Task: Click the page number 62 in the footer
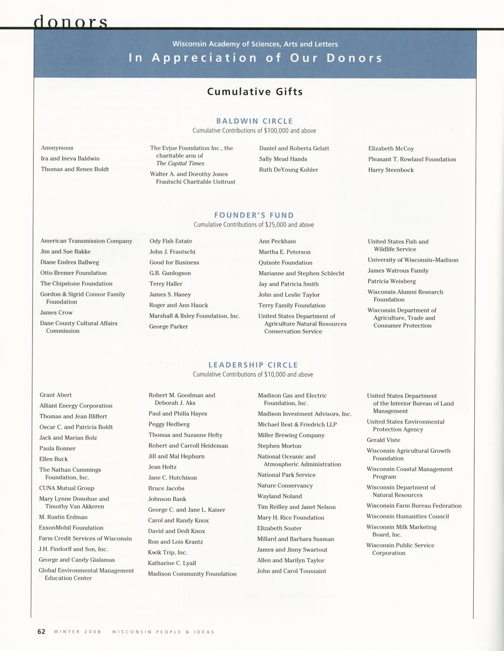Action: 41,632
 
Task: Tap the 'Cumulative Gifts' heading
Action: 255,92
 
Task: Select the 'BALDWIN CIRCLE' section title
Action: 255,121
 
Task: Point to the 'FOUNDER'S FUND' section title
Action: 254,215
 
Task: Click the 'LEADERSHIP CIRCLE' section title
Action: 253,365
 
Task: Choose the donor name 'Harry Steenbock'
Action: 391,170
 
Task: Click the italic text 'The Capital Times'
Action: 180,163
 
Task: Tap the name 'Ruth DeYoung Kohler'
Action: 289,170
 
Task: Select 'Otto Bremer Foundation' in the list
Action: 74,273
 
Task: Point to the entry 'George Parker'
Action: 168,326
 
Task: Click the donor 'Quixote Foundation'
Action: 285,263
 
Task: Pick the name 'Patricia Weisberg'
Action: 392,281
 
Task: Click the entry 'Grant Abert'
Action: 56,395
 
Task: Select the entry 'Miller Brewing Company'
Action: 291,435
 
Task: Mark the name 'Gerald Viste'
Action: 383,440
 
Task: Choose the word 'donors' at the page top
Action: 71,21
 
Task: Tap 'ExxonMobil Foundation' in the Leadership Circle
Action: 71,527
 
